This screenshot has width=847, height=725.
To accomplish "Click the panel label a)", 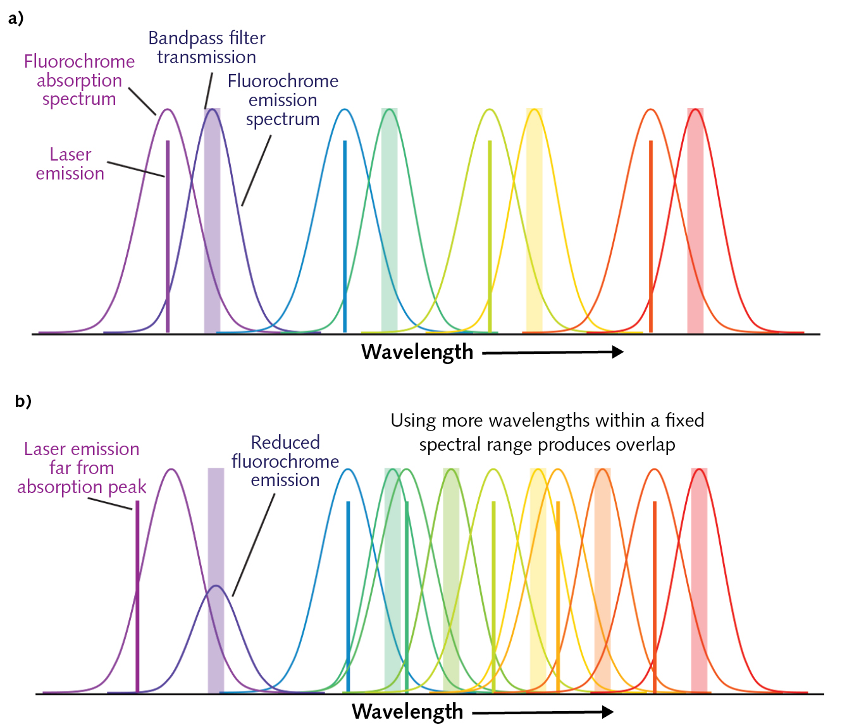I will click(x=16, y=18).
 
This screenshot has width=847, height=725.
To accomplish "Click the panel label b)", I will click(x=23, y=401).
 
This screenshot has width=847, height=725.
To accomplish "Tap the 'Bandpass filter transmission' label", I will click(x=206, y=47).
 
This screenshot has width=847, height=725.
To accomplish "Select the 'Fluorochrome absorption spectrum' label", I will click(x=79, y=80).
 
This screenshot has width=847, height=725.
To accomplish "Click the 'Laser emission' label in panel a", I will click(x=70, y=164).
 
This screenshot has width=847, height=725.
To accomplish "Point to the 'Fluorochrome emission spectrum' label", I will click(x=283, y=100).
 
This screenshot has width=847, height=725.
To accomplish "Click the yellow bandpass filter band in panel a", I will click(x=535, y=253).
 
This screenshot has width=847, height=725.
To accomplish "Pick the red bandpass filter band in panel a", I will click(x=695, y=253).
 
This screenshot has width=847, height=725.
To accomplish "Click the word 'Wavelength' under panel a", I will click(x=417, y=352).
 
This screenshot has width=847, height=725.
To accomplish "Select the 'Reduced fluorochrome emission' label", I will click(x=285, y=461).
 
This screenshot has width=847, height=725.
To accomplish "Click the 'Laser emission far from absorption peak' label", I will click(x=82, y=468).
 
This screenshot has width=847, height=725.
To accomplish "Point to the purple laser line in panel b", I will click(x=137, y=600).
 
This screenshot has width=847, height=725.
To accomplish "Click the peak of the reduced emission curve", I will click(x=216, y=586).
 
